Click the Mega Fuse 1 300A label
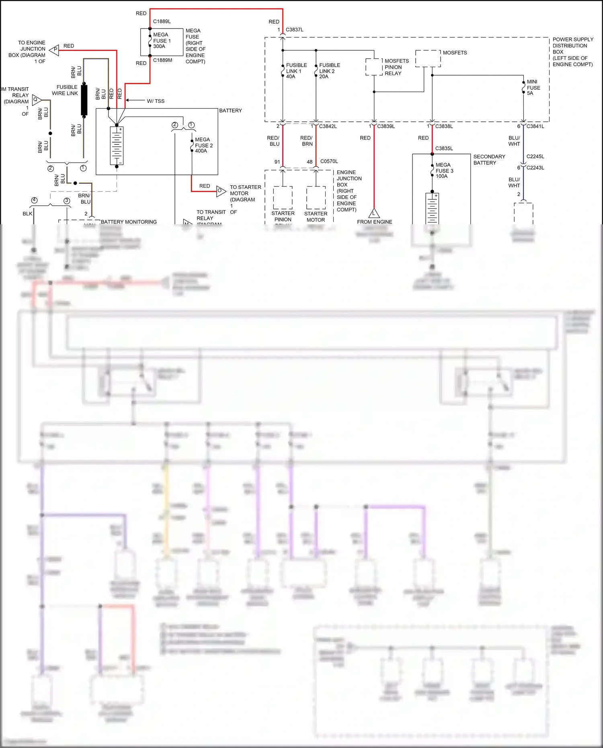162,41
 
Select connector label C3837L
294,30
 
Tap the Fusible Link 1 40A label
296,71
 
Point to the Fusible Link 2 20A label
329,71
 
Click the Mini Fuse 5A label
533,88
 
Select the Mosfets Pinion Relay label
396,67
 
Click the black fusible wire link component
84,100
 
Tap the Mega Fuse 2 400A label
203,145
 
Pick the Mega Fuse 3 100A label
444,170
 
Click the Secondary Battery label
489,160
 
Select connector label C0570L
329,161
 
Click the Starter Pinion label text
283,216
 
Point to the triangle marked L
374,213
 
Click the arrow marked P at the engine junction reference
54,49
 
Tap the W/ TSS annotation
156,101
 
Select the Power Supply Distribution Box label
572,52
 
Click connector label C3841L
535,126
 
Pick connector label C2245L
535,156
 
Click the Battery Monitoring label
129,222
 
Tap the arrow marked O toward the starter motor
221,191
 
